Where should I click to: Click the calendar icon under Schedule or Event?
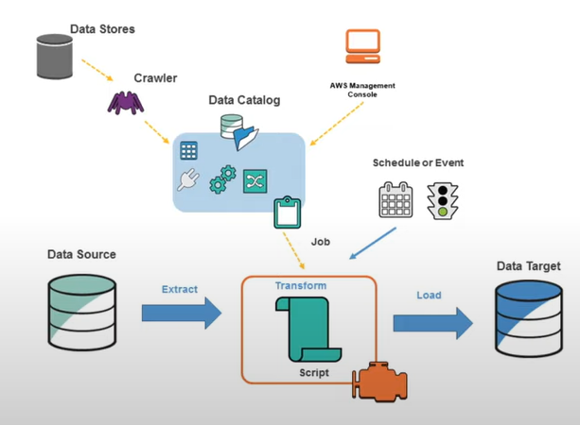(x=395, y=200)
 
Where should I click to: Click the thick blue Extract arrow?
(x=185, y=311)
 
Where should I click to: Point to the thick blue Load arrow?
(x=432, y=321)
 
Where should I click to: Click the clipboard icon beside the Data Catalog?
(x=286, y=212)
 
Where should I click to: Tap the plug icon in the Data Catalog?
(x=187, y=180)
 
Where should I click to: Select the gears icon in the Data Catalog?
(x=222, y=179)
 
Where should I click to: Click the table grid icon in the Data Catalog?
(x=188, y=150)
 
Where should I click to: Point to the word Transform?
(x=301, y=285)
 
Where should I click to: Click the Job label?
(x=321, y=241)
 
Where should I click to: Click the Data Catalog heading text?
(x=245, y=100)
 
